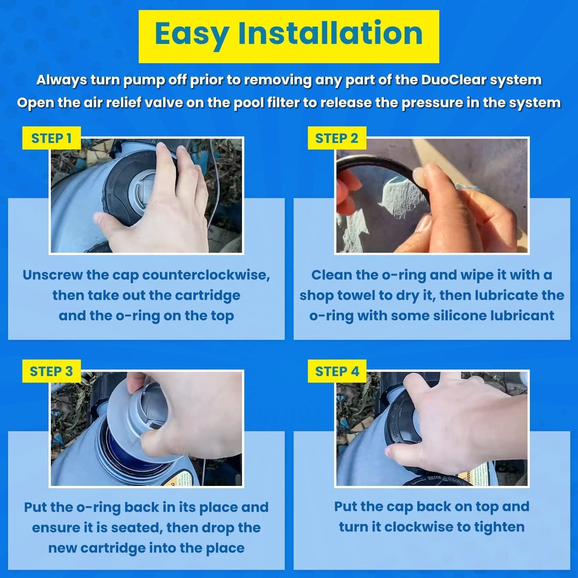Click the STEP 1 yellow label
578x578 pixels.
pyautogui.click(x=51, y=138)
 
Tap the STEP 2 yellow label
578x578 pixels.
pyautogui.click(x=337, y=138)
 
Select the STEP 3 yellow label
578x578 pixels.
pyautogui.click(x=51, y=371)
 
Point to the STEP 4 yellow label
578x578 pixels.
pyautogui.click(x=337, y=371)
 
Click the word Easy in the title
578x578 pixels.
pyautogui.click(x=192, y=34)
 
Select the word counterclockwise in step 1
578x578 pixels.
pyautogui.click(x=206, y=275)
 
